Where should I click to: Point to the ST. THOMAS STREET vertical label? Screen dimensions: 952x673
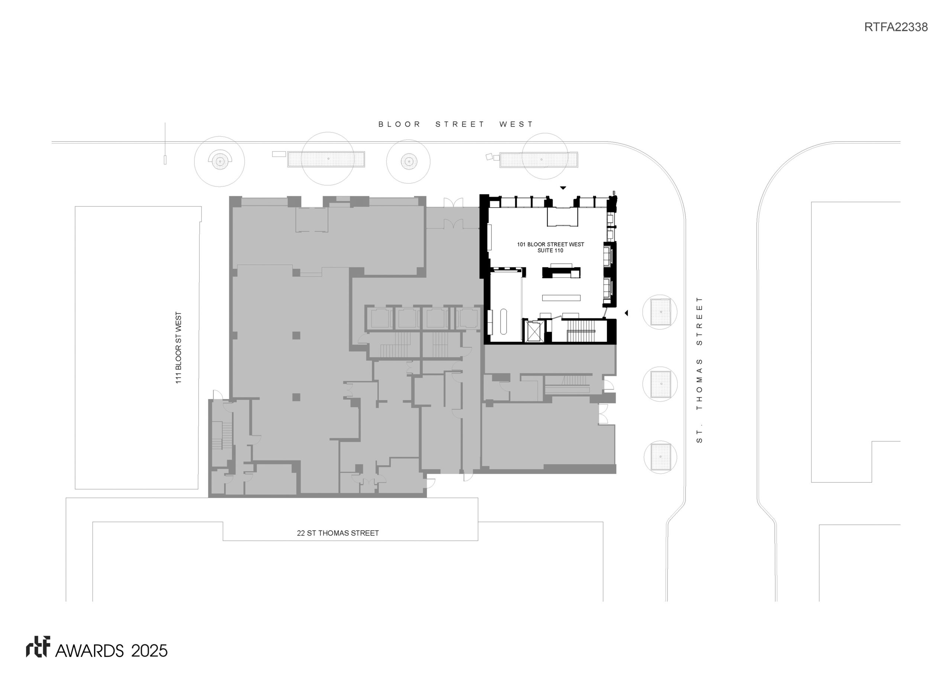699,370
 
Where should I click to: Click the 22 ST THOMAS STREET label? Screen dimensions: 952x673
338,533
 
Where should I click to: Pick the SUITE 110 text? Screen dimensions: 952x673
550,251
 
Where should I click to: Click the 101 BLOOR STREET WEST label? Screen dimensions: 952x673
550,244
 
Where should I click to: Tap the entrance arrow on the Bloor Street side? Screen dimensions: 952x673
563,188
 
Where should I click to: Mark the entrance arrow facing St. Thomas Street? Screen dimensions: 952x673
627,313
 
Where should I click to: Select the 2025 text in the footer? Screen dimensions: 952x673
149,651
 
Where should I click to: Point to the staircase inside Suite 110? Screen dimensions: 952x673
581,331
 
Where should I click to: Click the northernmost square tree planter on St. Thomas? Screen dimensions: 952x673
660,312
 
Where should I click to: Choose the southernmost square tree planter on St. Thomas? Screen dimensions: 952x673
660,457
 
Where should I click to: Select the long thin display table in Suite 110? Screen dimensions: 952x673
561,297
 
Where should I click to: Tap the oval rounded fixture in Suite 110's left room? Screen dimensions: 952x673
504,321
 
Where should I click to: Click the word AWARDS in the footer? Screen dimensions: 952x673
89,651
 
